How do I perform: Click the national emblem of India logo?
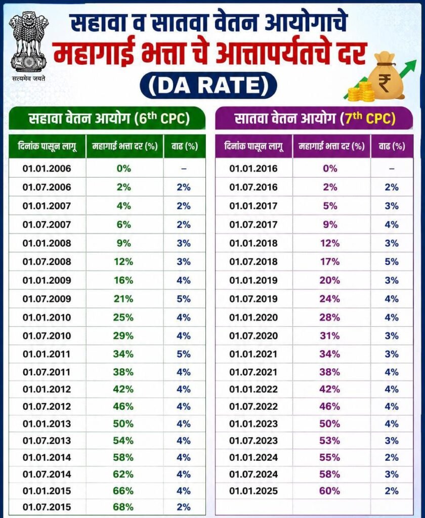coord(28,42)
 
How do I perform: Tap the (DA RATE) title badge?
coord(208,85)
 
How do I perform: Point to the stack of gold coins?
coord(361,92)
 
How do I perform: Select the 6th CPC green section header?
coord(107,118)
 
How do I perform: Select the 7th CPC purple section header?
coord(314,118)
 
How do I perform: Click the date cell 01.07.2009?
coord(47,299)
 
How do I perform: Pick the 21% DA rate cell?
coord(123,299)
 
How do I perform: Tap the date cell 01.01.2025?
coord(253,491)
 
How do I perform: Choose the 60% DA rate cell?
coord(329,491)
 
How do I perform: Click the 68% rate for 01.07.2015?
coord(123,507)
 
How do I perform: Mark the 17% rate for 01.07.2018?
coord(329,262)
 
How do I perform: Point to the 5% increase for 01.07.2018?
coord(392,262)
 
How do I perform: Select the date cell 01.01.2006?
coord(47,168)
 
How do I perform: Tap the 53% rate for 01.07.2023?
coord(329,441)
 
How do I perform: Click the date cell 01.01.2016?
coord(253,168)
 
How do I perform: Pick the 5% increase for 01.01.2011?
coord(184,354)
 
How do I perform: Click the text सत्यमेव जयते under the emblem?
coord(28,78)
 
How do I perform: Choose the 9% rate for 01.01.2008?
coord(123,243)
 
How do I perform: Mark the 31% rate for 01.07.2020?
coord(329,336)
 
